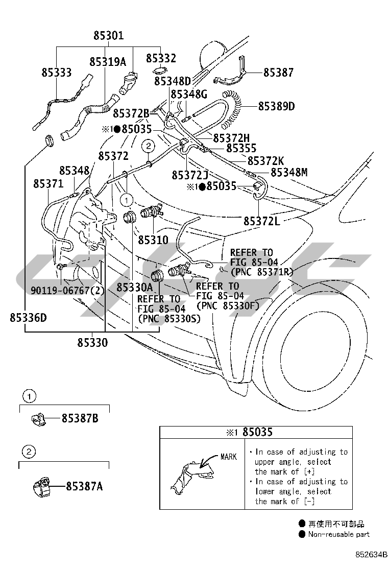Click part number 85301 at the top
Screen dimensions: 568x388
[108, 36]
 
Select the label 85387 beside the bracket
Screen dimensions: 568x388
[278, 73]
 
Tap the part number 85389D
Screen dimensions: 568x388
[276, 106]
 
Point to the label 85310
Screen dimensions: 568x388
[153, 239]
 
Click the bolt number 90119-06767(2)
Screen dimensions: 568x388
[67, 290]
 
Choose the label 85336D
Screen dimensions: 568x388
[28, 318]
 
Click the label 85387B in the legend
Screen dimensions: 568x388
[80, 419]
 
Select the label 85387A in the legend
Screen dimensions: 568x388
[84, 487]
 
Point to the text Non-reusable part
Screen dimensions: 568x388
[338, 534]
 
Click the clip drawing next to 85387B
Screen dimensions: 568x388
[37, 419]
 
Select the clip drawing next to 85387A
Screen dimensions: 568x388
[40, 486]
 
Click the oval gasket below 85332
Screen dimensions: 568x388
[159, 72]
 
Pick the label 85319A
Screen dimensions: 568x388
[107, 62]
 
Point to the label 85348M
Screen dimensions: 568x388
[289, 173]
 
